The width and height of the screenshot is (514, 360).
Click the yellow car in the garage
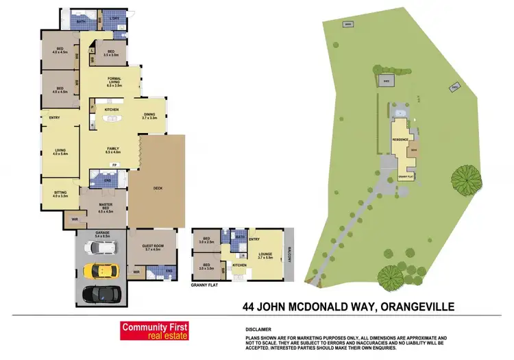[101, 270]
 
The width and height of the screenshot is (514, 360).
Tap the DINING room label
[149, 116]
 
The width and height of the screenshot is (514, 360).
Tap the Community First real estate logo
[154, 331]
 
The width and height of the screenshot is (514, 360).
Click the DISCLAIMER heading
[258, 328]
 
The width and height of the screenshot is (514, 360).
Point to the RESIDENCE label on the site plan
[400, 140]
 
